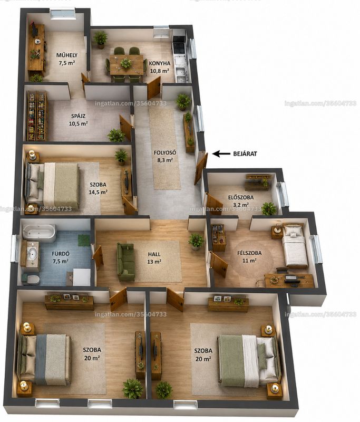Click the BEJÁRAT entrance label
click(x=245, y=154)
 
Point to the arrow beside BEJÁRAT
click(x=221, y=154)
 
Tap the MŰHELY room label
click(x=67, y=55)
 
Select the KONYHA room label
click(x=160, y=63)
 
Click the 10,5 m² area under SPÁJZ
click(x=79, y=124)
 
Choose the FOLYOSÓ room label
click(x=165, y=152)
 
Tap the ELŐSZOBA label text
click(x=241, y=197)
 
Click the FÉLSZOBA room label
click(x=249, y=253)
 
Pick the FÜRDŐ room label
click(x=61, y=254)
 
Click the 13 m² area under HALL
click(x=154, y=261)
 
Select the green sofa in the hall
click(x=125, y=262)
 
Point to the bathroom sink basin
click(x=33, y=253)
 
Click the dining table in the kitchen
click(x=127, y=64)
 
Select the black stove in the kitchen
click(x=179, y=48)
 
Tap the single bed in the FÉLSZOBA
click(x=295, y=245)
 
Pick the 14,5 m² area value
click(x=98, y=192)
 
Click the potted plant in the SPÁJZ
click(x=116, y=136)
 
